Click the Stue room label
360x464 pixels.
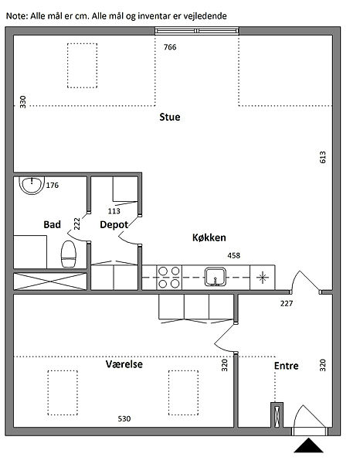coord(170,117)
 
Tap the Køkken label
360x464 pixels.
coord(209,237)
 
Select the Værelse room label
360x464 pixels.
coord(124,364)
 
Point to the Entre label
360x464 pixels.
coord(286,366)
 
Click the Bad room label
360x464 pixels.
coord(52,224)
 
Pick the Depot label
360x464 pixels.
coord(114,225)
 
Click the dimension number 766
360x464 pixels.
coord(170,47)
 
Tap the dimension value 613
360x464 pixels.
coord(322,157)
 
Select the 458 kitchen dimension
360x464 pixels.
coord(234,255)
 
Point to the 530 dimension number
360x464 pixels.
coord(124,418)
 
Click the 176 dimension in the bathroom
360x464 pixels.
coord(53,186)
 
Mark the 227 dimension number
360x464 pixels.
coord(287,303)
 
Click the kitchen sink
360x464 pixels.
coord(216,277)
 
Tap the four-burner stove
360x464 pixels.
coord(169,278)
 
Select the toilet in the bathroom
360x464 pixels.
coord(69,254)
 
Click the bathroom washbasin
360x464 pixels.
coord(32,185)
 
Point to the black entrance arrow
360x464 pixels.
coord(308,445)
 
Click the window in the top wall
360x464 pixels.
coord(197,31)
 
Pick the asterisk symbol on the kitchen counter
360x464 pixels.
coord(263,278)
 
